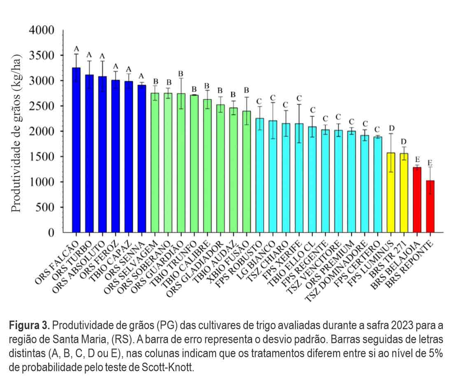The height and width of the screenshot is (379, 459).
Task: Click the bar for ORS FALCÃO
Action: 76,150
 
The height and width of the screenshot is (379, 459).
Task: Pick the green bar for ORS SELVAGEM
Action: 155,163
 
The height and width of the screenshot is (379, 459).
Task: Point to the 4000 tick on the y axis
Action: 62,30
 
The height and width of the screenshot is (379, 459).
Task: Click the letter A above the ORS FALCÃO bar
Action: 76,49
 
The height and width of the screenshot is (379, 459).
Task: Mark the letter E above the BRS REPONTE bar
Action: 430,162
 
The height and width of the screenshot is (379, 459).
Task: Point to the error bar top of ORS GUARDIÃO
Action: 181,78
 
